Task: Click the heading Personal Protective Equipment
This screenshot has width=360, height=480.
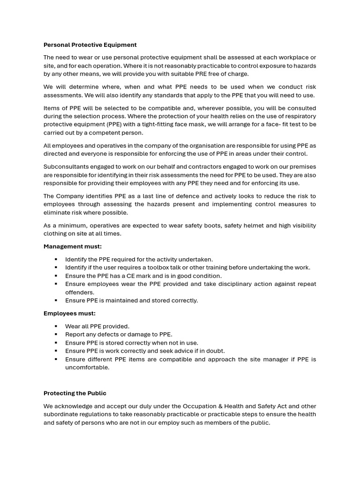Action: [90, 45]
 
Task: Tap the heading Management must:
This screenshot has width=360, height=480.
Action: [73, 247]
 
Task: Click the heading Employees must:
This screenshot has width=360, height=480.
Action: [69, 314]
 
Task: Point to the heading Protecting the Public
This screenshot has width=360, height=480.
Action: [75, 393]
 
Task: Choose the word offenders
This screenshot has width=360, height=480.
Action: [80, 292]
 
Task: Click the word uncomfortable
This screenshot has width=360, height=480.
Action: [87, 367]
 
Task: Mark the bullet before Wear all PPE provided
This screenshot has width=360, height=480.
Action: [56, 326]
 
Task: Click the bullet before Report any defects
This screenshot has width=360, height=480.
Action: [56, 335]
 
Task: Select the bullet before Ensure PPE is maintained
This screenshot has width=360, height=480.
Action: [56, 300]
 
